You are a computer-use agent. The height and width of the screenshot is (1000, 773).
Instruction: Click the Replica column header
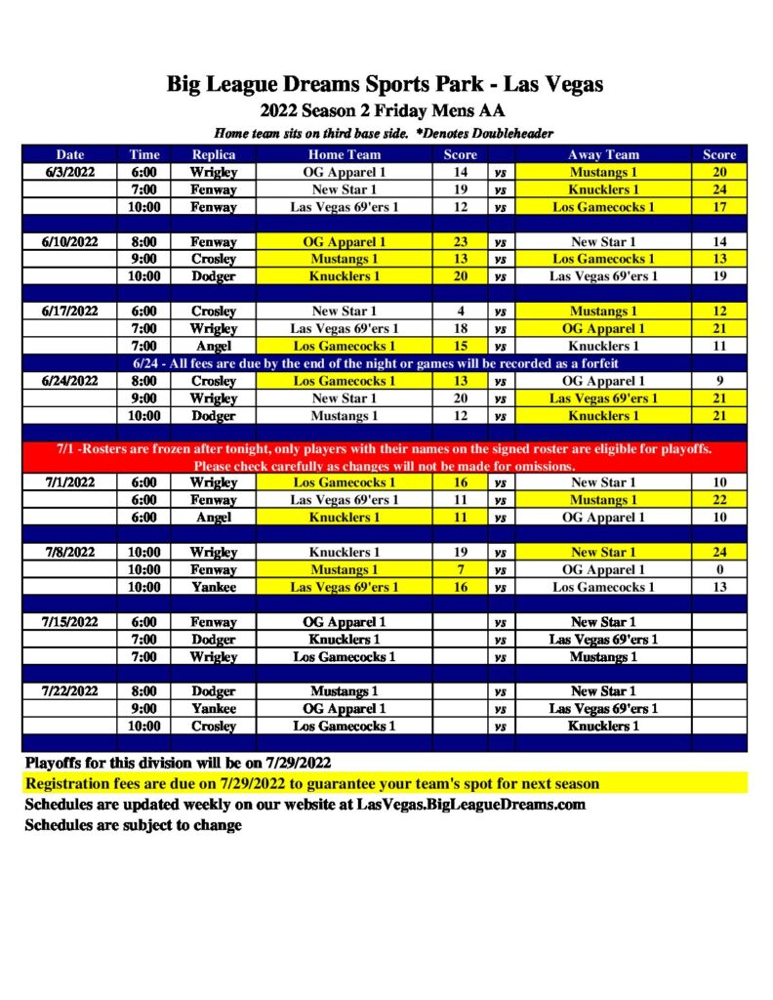213,154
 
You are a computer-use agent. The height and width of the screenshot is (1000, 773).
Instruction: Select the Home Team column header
345,154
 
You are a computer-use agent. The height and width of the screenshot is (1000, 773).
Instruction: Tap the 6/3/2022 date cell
70,172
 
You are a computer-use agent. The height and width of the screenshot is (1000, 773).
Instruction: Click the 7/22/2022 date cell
70,691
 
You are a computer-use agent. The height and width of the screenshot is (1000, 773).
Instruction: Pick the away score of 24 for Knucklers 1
719,189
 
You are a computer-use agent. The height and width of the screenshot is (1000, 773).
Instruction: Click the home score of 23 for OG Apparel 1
461,242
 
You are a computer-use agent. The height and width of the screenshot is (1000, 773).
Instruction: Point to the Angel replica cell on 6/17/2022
213,346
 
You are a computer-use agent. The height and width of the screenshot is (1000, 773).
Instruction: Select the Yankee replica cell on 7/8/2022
213,587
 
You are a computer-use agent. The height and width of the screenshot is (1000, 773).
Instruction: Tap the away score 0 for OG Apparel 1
719,569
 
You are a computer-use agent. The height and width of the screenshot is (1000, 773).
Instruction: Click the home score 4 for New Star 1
461,312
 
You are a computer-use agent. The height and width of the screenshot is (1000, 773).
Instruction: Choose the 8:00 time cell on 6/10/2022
144,242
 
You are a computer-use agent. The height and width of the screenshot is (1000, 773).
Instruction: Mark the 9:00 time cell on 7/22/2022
144,709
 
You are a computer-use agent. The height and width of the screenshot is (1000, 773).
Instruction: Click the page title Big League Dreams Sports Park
385,85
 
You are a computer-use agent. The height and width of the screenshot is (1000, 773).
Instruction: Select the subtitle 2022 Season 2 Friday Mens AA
385,111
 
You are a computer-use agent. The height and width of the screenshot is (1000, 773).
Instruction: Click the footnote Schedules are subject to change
133,825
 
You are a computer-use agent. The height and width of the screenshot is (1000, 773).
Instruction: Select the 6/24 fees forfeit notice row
385,363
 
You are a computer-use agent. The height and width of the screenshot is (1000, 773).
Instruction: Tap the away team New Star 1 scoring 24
603,552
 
